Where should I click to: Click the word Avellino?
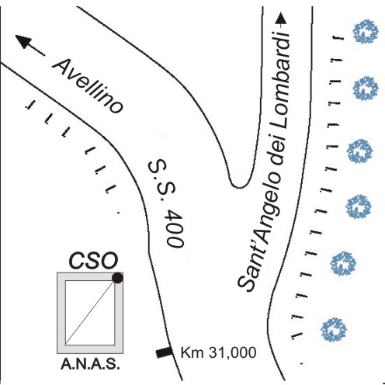point(88,86)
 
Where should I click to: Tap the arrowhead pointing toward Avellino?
point(24,41)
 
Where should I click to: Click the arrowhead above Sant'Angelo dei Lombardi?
point(281,19)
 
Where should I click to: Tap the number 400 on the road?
point(175,228)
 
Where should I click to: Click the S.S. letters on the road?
point(161,179)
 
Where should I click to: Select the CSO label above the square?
point(93,260)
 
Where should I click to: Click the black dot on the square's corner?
point(117,278)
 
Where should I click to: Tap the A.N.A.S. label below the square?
point(90,364)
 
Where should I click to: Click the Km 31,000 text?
point(218,352)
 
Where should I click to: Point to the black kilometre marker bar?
point(164,352)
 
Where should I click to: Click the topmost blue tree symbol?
point(366,31)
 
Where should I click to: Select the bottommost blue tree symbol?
point(334,329)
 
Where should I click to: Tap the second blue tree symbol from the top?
point(366,88)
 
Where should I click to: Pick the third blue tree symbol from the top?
point(360,151)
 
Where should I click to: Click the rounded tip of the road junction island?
point(238,187)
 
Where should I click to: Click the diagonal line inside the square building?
point(90,313)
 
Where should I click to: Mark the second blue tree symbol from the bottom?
point(343,264)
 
